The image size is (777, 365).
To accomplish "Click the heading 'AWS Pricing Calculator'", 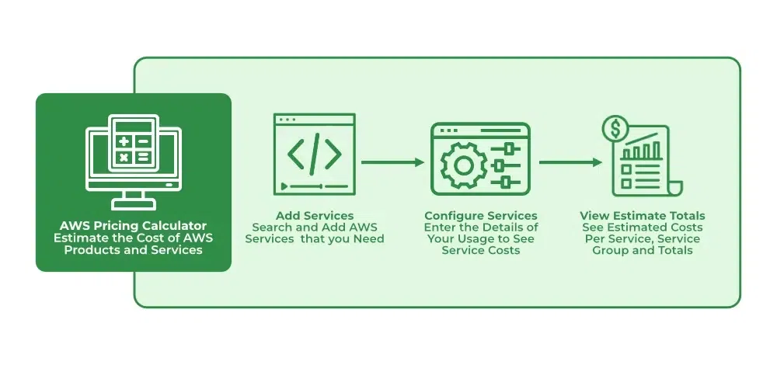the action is coord(134,226).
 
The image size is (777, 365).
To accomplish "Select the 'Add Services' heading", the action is coord(315,215).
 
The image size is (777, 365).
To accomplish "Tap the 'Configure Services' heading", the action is coord(481,216).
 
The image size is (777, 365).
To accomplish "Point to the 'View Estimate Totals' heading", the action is coord(643,216).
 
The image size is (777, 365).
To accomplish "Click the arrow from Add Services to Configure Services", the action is coord(392,162).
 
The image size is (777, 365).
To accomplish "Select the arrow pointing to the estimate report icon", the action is coord(570,162).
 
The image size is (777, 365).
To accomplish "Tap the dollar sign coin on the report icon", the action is coord(615,129).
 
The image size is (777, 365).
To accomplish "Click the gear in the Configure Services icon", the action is coord(463,166).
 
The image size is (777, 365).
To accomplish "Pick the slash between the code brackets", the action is coord(315,154).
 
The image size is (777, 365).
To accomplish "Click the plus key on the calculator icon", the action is coord(124,141).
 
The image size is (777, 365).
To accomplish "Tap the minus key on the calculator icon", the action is coord(143,141).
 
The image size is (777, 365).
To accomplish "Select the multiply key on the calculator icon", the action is coord(124,158).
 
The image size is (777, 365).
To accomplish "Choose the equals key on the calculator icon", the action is coord(143,158).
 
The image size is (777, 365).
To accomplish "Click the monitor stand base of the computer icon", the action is coord(134,203).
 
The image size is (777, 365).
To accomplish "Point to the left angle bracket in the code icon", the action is coord(295,154).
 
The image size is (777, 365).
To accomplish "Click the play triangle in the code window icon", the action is coord(284,186).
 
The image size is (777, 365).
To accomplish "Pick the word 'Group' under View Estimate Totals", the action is coord(608,251).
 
